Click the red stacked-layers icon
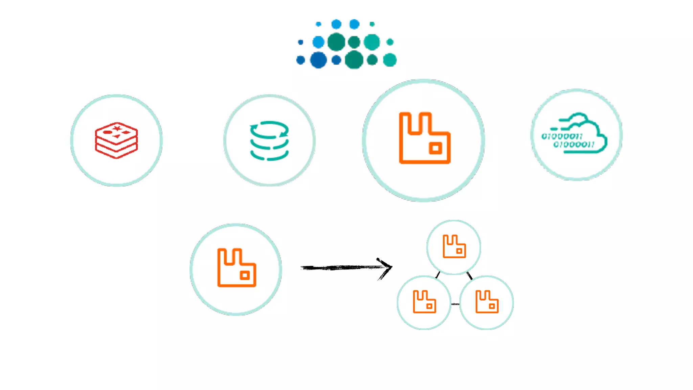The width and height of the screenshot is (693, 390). click(x=116, y=140)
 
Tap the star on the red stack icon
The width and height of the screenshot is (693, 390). click(x=117, y=128)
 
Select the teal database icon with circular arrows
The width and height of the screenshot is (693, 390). click(x=269, y=140)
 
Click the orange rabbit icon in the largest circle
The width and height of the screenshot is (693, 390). click(x=425, y=138)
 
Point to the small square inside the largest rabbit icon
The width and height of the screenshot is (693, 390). click(x=435, y=148)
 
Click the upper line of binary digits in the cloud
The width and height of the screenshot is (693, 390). click(x=562, y=136)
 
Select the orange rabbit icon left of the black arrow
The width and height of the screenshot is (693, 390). click(x=237, y=268)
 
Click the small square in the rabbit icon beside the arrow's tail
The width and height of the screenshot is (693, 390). click(x=245, y=276)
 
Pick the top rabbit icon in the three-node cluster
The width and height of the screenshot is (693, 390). click(x=454, y=246)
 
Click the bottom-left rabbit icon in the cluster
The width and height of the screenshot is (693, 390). click(x=424, y=302)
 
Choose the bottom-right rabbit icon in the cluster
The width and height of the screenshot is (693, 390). click(x=487, y=302)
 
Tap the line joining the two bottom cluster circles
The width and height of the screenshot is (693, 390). click(x=455, y=304)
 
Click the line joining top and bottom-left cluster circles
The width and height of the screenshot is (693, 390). click(x=438, y=275)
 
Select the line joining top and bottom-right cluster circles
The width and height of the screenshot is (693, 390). click(x=469, y=275)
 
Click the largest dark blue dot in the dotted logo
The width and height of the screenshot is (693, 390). click(x=318, y=60)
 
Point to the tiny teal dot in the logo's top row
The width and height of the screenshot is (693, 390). click(x=372, y=24)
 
